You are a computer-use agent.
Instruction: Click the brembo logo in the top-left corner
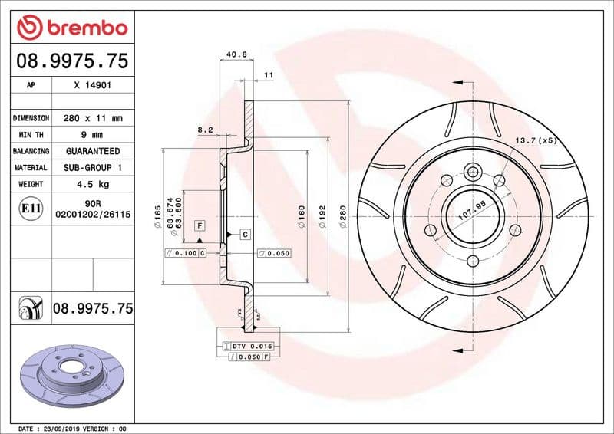71,28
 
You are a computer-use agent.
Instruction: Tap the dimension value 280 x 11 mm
93,119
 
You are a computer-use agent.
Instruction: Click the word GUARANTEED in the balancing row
93,151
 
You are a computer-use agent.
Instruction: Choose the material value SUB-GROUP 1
93,167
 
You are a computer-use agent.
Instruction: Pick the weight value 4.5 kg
93,184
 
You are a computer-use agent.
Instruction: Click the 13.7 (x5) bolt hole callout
535,140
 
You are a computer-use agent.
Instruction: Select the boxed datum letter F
200,225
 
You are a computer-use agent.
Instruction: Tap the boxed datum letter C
245,235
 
